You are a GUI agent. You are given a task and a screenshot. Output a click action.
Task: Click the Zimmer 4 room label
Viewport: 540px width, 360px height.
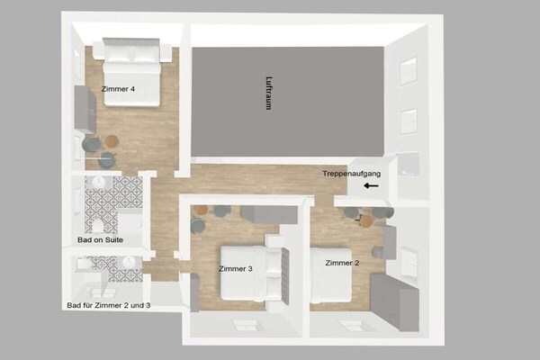(118, 89)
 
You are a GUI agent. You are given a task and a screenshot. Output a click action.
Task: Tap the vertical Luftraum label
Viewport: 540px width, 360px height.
(269, 93)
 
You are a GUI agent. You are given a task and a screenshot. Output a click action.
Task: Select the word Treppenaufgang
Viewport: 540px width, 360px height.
(352, 174)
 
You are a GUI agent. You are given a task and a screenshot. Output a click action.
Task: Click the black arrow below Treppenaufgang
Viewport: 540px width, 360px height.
(371, 185)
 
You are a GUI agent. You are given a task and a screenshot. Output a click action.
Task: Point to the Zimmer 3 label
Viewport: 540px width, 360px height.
(236, 269)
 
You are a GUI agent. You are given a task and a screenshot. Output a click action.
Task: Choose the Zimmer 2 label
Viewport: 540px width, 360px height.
(342, 263)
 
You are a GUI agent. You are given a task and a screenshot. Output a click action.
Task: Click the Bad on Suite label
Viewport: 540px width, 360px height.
(100, 239)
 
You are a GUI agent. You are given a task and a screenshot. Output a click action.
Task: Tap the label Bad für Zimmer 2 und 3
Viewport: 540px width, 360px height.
(109, 305)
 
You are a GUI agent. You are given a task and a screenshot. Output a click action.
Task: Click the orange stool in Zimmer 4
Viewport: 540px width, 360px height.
(112, 141)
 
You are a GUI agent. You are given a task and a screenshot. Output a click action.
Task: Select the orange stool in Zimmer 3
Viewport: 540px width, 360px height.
(201, 210)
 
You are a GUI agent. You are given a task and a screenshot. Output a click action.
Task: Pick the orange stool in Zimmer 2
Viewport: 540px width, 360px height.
(366, 221)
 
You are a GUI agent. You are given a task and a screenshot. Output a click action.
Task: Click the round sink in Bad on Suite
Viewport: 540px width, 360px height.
(99, 182)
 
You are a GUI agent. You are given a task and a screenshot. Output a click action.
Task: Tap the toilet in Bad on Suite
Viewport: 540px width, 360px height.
(98, 226)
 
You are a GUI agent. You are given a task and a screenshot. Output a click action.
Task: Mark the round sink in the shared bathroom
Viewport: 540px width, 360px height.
(129, 262)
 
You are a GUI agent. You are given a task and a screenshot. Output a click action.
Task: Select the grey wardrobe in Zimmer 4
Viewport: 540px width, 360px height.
(85, 109)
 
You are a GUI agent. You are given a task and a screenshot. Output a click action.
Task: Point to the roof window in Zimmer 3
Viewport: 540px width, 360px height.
(245, 325)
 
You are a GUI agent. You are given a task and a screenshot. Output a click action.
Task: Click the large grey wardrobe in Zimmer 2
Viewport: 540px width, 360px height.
(395, 302)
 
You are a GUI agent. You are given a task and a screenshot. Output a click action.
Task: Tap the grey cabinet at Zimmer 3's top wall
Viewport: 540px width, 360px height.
(268, 214)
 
